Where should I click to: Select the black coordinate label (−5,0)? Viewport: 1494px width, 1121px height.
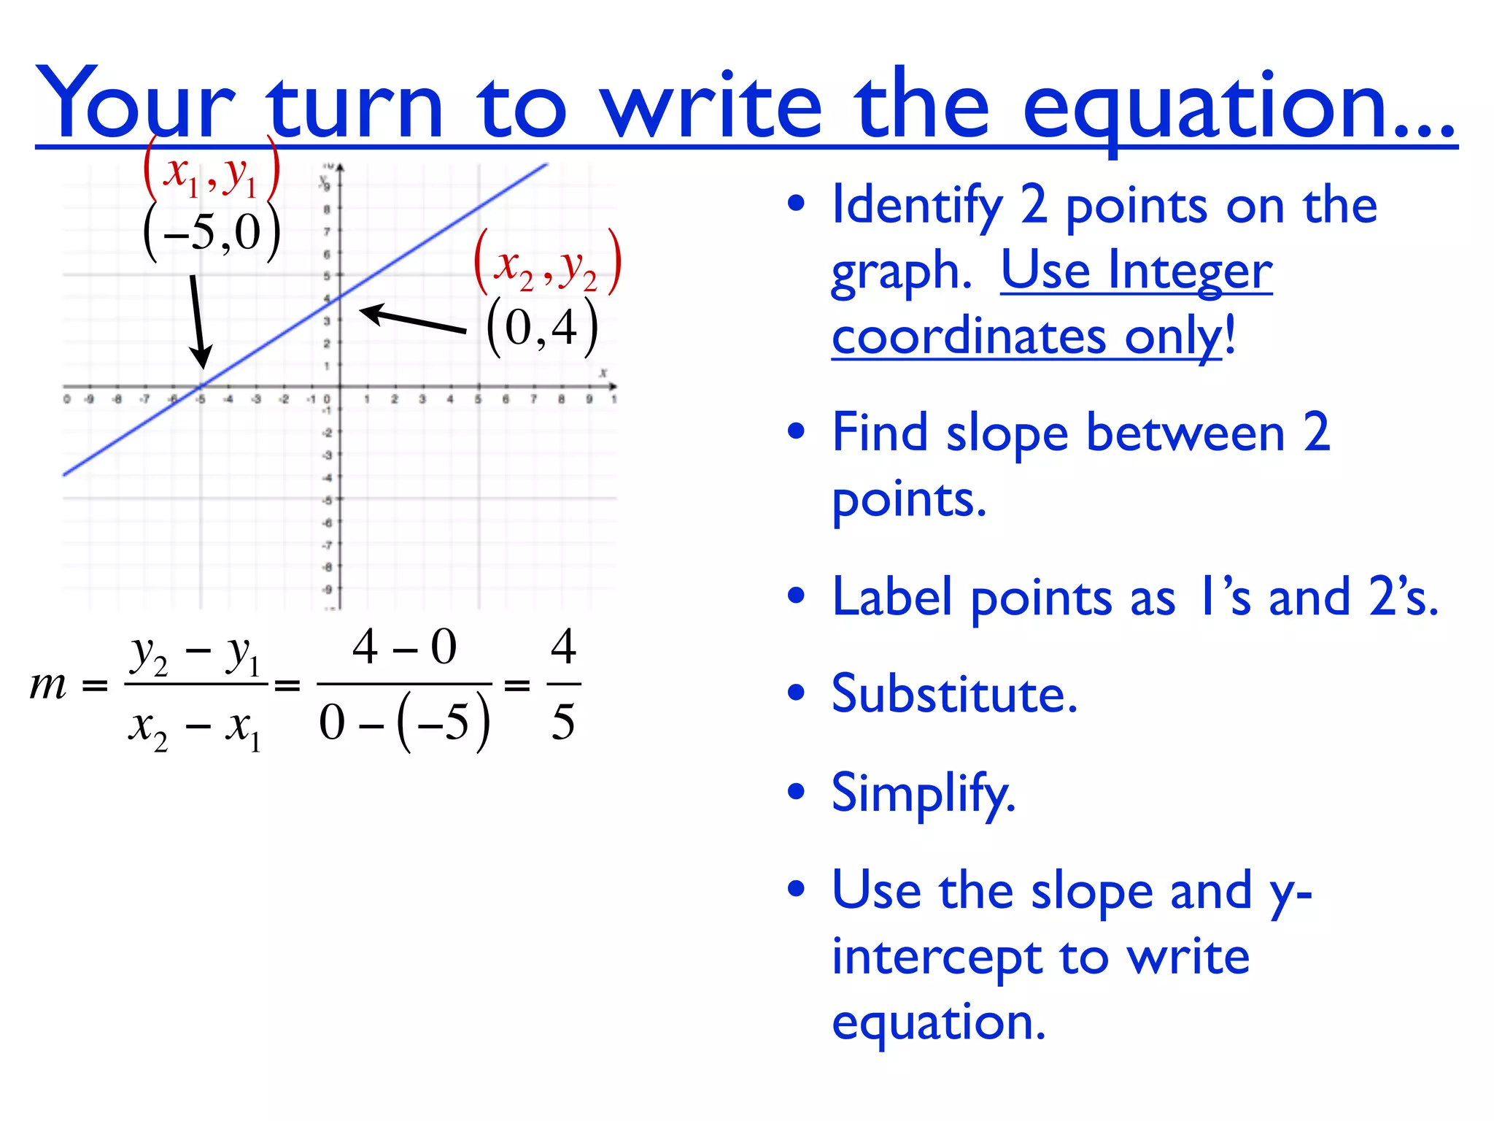point(212,232)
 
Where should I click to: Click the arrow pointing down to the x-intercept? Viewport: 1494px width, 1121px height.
point(197,321)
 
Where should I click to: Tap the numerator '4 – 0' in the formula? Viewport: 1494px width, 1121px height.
point(404,647)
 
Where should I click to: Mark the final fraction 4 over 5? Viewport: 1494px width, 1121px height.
point(563,685)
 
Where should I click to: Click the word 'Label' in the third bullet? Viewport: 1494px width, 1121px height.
point(891,597)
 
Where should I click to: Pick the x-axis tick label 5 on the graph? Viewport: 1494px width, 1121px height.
point(478,399)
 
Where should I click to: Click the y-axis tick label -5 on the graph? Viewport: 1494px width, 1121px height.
point(328,501)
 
